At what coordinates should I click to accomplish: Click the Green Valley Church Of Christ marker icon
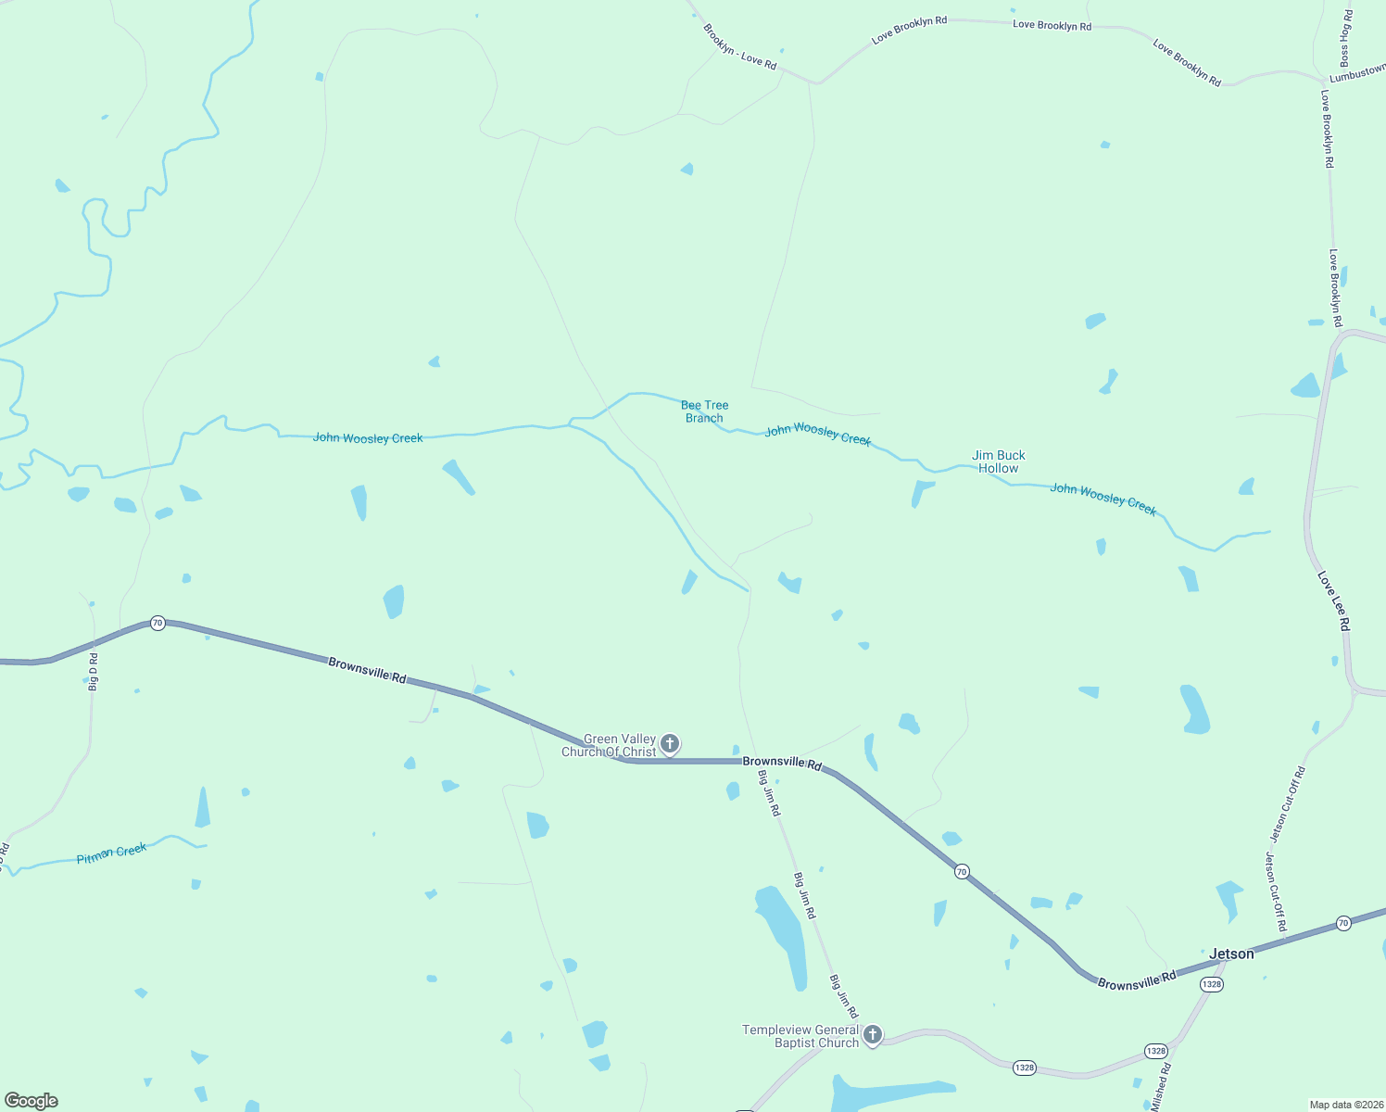[x=670, y=743]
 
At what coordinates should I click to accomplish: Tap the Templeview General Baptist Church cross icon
[x=872, y=1034]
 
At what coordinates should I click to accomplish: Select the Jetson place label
[x=1231, y=954]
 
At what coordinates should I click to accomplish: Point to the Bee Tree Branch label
[x=704, y=411]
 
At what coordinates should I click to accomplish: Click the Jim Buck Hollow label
[x=998, y=461]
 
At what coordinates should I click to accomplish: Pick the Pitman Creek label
[x=111, y=853]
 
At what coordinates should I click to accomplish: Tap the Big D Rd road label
[x=93, y=671]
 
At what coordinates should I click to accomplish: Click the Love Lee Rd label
[x=1333, y=601]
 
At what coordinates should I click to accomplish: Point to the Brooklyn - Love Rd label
[x=739, y=46]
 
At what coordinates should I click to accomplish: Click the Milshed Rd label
[x=1161, y=1087]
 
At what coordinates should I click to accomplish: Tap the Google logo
[x=31, y=1101]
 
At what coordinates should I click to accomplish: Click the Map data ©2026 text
[x=1344, y=1105]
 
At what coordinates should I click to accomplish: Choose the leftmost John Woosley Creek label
[x=368, y=437]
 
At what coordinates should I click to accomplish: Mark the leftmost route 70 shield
[x=157, y=623]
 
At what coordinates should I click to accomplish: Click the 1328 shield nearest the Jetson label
[x=1211, y=984]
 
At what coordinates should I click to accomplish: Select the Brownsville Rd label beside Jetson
[x=1136, y=980]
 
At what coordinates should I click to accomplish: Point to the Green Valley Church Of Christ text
[x=609, y=745]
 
